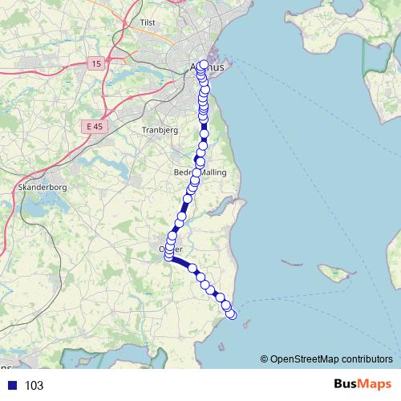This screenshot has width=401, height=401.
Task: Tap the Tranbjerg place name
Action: click(157, 129)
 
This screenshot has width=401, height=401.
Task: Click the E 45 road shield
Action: click(93, 126)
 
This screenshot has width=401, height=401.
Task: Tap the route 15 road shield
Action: click(96, 63)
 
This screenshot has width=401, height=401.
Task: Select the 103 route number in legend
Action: click(34, 386)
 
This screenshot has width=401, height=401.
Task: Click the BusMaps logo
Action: click(363, 384)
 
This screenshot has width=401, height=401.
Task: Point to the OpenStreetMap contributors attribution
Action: click(331, 358)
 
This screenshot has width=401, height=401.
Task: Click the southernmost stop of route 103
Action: click(232, 314)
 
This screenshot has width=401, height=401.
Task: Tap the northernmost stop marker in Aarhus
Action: click(203, 65)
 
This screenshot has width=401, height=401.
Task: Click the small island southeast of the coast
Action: click(337, 273)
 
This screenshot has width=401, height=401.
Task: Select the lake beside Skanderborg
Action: click(32, 210)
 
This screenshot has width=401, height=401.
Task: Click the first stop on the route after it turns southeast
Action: click(192, 269)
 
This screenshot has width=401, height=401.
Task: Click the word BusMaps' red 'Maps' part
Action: click(376, 384)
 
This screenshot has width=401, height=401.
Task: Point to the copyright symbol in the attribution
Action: click(265, 358)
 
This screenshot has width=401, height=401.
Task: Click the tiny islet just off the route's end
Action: click(245, 323)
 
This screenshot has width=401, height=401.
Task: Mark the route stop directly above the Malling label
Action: click(200, 162)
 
